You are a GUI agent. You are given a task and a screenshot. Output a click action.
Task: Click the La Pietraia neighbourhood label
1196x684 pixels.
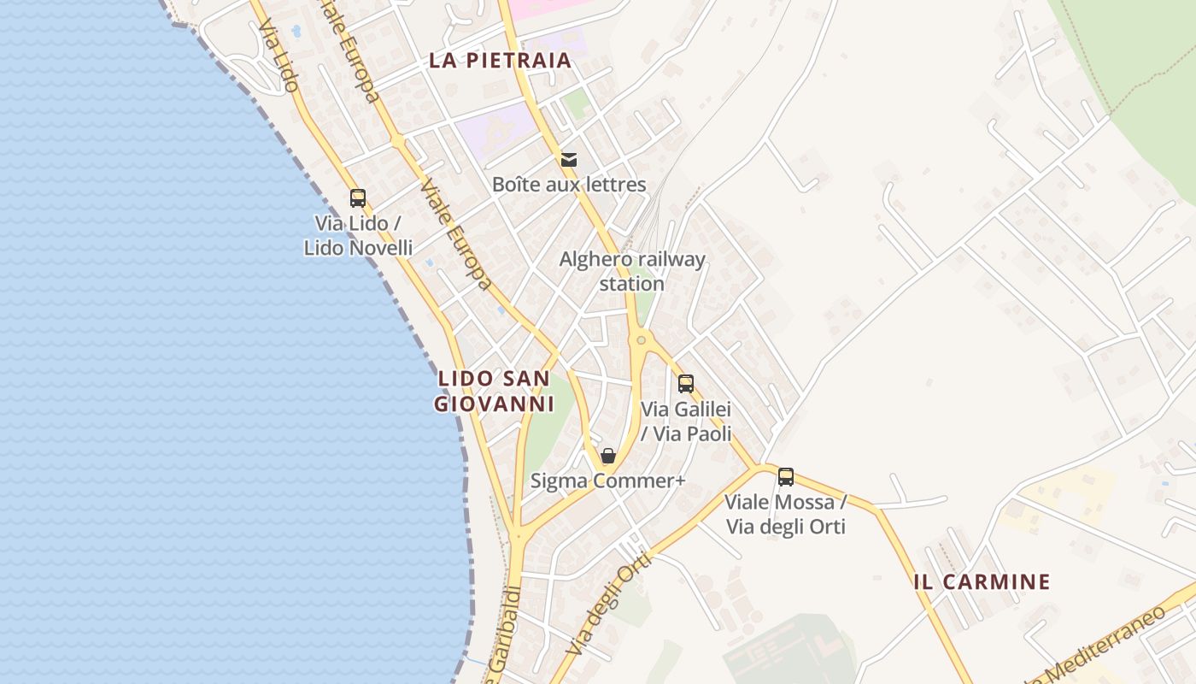(500, 61)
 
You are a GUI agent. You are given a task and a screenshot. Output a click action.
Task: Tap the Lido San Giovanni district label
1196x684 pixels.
(494, 391)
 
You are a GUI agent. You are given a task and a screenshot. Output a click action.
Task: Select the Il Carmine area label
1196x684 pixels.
(982, 582)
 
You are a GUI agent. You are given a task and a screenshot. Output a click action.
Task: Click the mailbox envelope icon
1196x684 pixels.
(569, 159)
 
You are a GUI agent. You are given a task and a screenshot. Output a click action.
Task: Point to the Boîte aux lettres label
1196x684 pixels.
(569, 185)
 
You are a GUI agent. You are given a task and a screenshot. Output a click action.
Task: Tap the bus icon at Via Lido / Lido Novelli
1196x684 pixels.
(358, 198)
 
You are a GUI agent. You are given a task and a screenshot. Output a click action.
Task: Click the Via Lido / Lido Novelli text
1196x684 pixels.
(358, 236)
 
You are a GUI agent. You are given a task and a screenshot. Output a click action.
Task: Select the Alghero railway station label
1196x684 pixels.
(632, 271)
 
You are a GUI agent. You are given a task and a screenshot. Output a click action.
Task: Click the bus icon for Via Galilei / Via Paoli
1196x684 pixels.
(685, 384)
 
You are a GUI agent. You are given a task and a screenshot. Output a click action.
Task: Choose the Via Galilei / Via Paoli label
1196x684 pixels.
(686, 422)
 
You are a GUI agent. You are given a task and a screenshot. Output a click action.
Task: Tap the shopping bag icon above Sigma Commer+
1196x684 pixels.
(608, 456)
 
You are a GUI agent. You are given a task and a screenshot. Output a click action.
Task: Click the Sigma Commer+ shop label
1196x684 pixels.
(608, 481)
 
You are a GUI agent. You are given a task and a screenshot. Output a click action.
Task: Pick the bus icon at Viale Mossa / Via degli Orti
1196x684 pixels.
(786, 477)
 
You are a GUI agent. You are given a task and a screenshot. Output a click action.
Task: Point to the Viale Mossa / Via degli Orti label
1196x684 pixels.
(786, 514)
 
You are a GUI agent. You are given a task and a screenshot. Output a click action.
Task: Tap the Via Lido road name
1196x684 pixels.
(278, 56)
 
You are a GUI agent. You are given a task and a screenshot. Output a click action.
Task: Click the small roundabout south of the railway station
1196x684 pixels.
(641, 340)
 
